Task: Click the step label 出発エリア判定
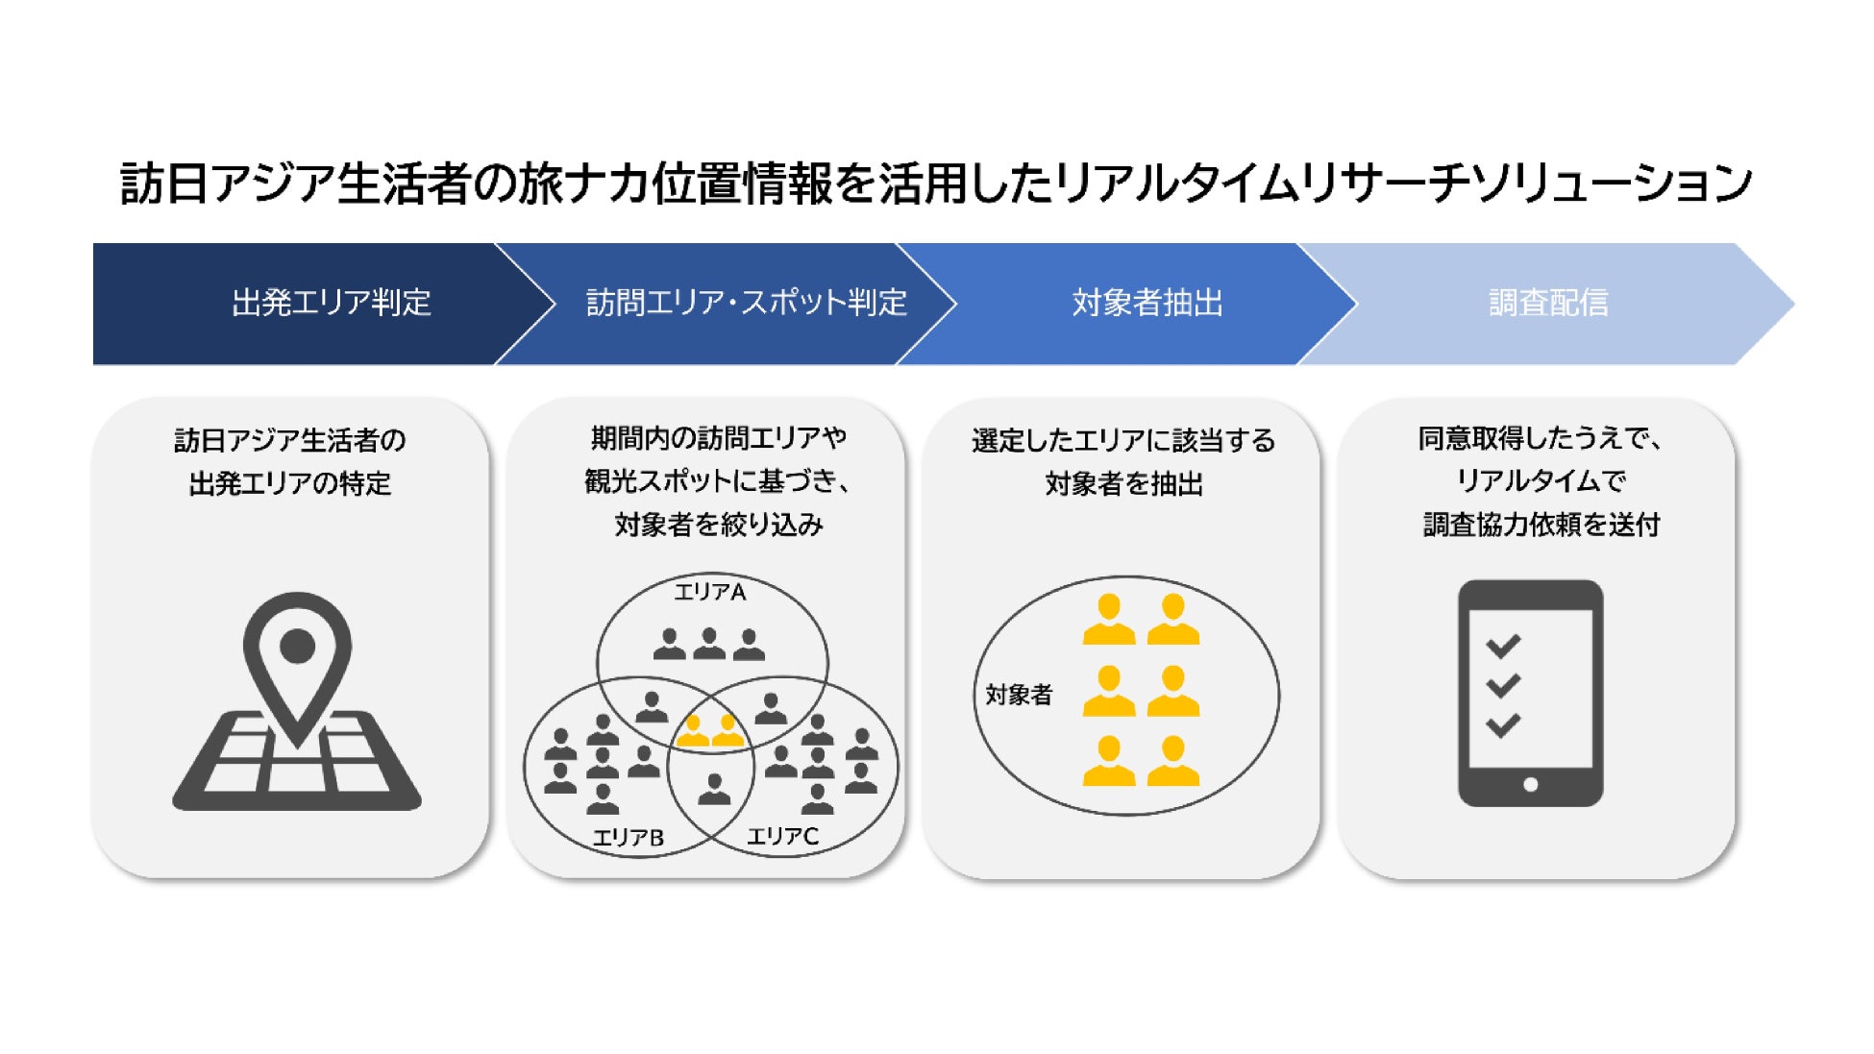coord(332,303)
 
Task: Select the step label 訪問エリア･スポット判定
coord(747,303)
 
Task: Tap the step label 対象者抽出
coord(1147,303)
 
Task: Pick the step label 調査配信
coord(1548,303)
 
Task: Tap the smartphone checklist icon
coord(1530,693)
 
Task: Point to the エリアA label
coord(710,592)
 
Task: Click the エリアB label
coord(629,838)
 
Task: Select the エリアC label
coord(783,837)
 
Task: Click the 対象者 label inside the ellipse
coord(1019,695)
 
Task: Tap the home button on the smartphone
coord(1531,784)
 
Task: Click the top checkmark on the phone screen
coord(1503,646)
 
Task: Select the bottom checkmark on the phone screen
coord(1503,725)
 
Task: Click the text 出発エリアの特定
coord(290,483)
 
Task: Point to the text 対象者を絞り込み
coord(719,525)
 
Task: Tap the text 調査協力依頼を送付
coord(1541,525)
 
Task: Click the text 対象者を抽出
coord(1123,483)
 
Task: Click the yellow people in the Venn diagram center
coord(710,731)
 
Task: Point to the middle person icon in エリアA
coord(709,644)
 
